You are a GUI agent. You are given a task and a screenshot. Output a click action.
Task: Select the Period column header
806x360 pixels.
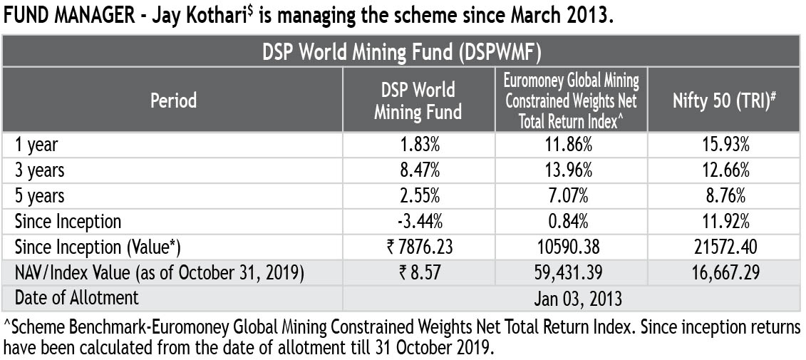(x=174, y=101)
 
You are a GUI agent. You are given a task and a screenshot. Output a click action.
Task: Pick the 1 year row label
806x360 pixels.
(x=36, y=145)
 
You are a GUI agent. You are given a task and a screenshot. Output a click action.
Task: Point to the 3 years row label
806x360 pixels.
(x=40, y=170)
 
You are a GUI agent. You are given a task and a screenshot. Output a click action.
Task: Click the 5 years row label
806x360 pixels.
(x=40, y=196)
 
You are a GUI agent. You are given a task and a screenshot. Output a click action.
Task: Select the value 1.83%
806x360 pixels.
(x=419, y=145)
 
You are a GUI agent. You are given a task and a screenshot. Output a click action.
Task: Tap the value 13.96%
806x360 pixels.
(x=572, y=170)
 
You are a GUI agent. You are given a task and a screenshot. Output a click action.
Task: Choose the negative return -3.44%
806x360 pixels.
(x=419, y=222)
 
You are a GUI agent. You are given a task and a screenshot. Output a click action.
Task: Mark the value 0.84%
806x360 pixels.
(x=572, y=222)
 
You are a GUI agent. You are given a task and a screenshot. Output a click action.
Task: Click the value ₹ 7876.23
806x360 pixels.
(x=419, y=247)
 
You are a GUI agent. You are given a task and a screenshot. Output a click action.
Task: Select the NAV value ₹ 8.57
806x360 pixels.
(x=419, y=273)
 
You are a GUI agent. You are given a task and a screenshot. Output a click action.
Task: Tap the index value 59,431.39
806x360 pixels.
(x=572, y=273)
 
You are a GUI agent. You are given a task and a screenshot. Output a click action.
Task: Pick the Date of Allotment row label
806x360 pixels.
(x=76, y=298)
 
